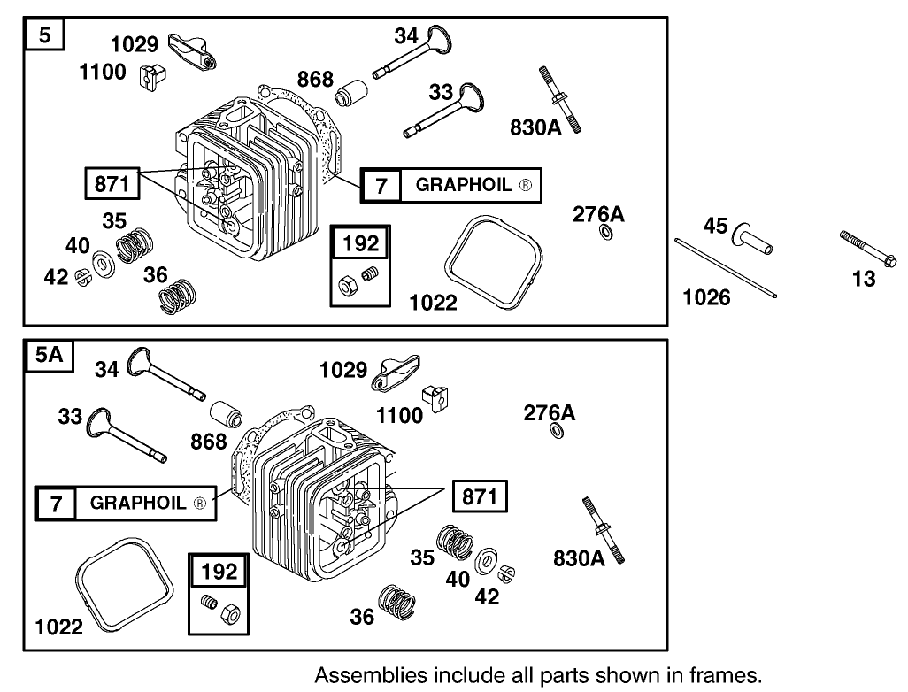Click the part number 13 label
pos(864,279)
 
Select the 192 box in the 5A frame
pos(218,572)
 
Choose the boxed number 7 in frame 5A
pos(56,504)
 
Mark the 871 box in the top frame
pos(112,184)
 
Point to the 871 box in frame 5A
pos(480,497)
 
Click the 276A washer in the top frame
pos(605,234)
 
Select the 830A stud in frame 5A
pos(602,528)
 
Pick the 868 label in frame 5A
pos(209,441)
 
